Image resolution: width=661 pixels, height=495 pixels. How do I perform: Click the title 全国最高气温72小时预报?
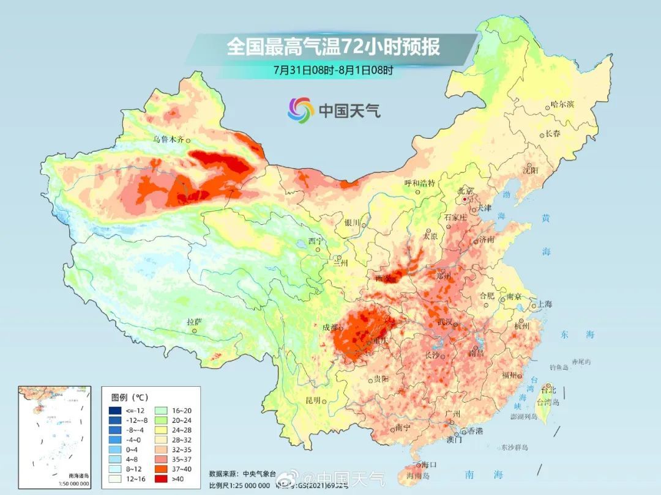pyautogui.click(x=333, y=46)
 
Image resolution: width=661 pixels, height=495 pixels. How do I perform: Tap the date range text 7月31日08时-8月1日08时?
pyautogui.click(x=333, y=70)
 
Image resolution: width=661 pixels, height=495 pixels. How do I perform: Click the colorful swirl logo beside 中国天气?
pyautogui.click(x=301, y=110)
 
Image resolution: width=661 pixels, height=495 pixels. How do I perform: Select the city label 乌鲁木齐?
pyautogui.click(x=168, y=139)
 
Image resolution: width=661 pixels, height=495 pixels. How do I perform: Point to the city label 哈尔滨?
pyautogui.click(x=562, y=105)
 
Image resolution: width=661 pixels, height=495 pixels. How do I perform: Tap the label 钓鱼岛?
pyautogui.click(x=559, y=367)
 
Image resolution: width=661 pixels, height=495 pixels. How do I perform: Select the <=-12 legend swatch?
pyautogui.click(x=115, y=410)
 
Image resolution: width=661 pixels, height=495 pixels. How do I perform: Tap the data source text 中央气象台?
pyautogui.click(x=255, y=473)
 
